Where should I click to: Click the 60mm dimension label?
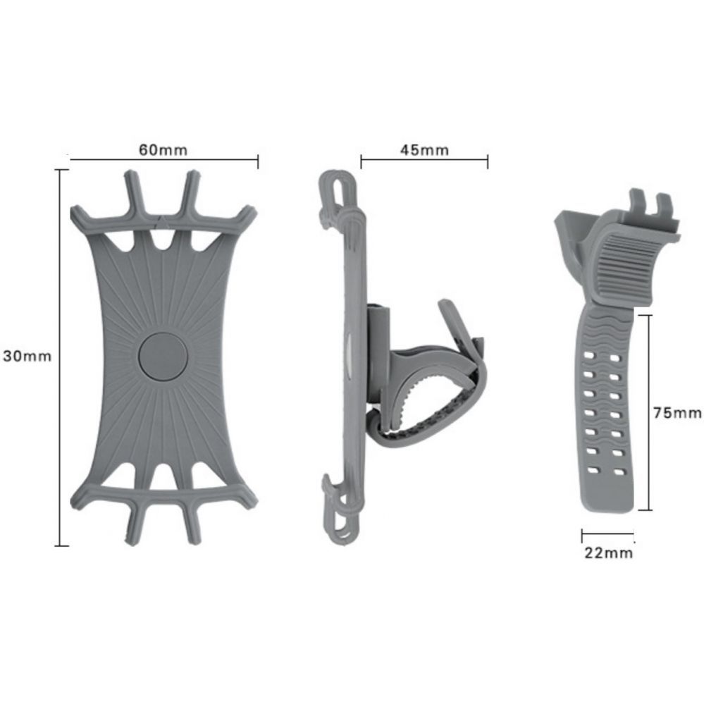[x=163, y=150]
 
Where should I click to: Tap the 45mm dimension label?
[x=424, y=150]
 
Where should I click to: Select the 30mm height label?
[x=27, y=356]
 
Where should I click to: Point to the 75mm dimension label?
[x=677, y=413]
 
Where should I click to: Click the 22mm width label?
[x=608, y=553]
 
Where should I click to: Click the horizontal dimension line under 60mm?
[x=163, y=161]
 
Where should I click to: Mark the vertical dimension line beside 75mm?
[x=648, y=412]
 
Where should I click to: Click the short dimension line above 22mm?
[x=607, y=533]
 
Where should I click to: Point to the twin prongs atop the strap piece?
[x=650, y=203]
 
